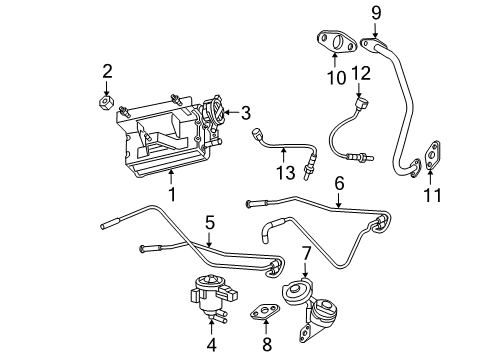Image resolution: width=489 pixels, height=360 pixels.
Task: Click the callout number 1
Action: point(171,194)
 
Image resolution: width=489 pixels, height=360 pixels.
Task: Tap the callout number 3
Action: point(245,112)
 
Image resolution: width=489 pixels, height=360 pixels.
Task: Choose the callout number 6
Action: point(339,183)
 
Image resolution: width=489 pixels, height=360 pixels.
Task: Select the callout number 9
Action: point(376,13)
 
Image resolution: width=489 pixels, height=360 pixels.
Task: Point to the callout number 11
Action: point(431,194)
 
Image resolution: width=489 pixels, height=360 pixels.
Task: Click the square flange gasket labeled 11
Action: point(432,155)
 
